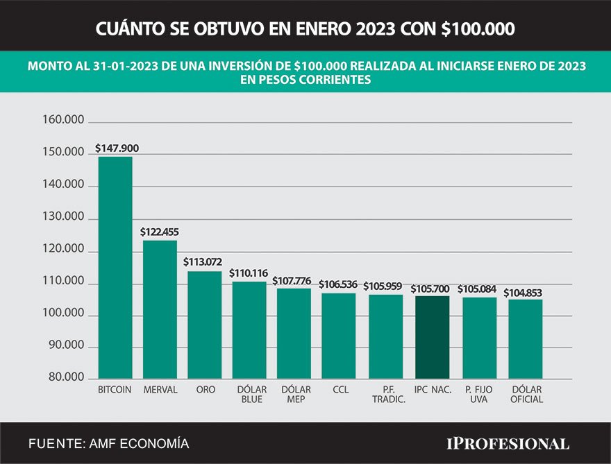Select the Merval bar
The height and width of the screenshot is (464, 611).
tap(160, 309)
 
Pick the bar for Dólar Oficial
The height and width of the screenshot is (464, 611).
tap(526, 339)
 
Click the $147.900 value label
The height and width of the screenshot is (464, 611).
tap(116, 148)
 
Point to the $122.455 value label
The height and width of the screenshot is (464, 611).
tap(160, 232)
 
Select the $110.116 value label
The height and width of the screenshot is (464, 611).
tap(249, 273)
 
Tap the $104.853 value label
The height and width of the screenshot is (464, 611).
tap(523, 293)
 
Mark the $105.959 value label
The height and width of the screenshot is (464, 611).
tap(383, 286)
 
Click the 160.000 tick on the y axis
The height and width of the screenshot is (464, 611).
tap(63, 121)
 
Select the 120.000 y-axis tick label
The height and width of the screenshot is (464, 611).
tap(63, 250)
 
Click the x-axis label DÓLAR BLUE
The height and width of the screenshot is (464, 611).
tap(251, 395)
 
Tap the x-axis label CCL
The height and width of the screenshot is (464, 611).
tap(340, 390)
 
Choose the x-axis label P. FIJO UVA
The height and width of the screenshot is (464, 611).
tap(479, 395)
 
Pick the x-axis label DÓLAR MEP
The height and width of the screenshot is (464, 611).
tap(296, 395)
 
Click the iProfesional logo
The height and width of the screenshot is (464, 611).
tap(507, 443)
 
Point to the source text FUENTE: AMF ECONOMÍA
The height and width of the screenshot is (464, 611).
tap(109, 443)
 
